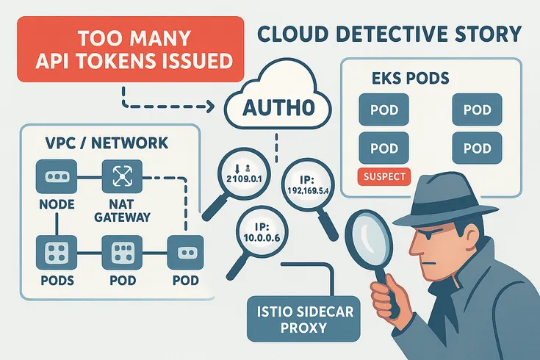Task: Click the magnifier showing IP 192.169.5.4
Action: pyautogui.click(x=307, y=186)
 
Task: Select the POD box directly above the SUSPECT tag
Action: pyautogui.click(x=384, y=147)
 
